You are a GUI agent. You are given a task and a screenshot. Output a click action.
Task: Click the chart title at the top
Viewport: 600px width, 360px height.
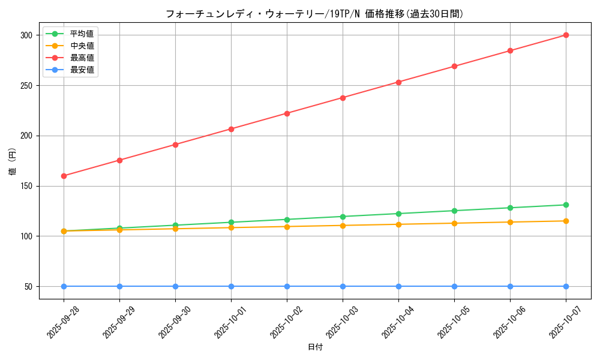point(314,14)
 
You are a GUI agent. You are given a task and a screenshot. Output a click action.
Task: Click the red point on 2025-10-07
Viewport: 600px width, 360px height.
point(566,35)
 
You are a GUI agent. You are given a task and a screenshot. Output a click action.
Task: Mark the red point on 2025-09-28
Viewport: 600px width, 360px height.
point(64,176)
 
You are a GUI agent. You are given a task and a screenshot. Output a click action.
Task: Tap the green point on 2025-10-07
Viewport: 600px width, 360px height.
point(566,205)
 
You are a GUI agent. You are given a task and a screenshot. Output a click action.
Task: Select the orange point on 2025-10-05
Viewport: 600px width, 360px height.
point(454,223)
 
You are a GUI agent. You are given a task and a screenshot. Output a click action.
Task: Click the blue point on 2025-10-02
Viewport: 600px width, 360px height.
point(287,286)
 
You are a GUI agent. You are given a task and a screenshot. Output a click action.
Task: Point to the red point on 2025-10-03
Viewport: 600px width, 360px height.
point(343,98)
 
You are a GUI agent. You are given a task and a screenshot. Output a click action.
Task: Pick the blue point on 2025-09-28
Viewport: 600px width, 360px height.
point(64,286)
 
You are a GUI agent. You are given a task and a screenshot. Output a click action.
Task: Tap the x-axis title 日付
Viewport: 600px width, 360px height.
point(314,347)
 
